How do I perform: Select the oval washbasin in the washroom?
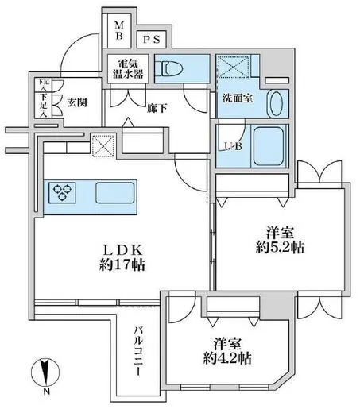(275, 105)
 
